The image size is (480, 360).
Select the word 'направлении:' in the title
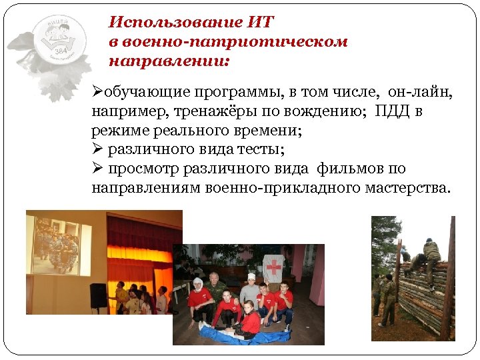(168, 61)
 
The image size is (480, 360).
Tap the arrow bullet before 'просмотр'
(97, 168)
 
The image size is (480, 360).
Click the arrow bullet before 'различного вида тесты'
(97, 149)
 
